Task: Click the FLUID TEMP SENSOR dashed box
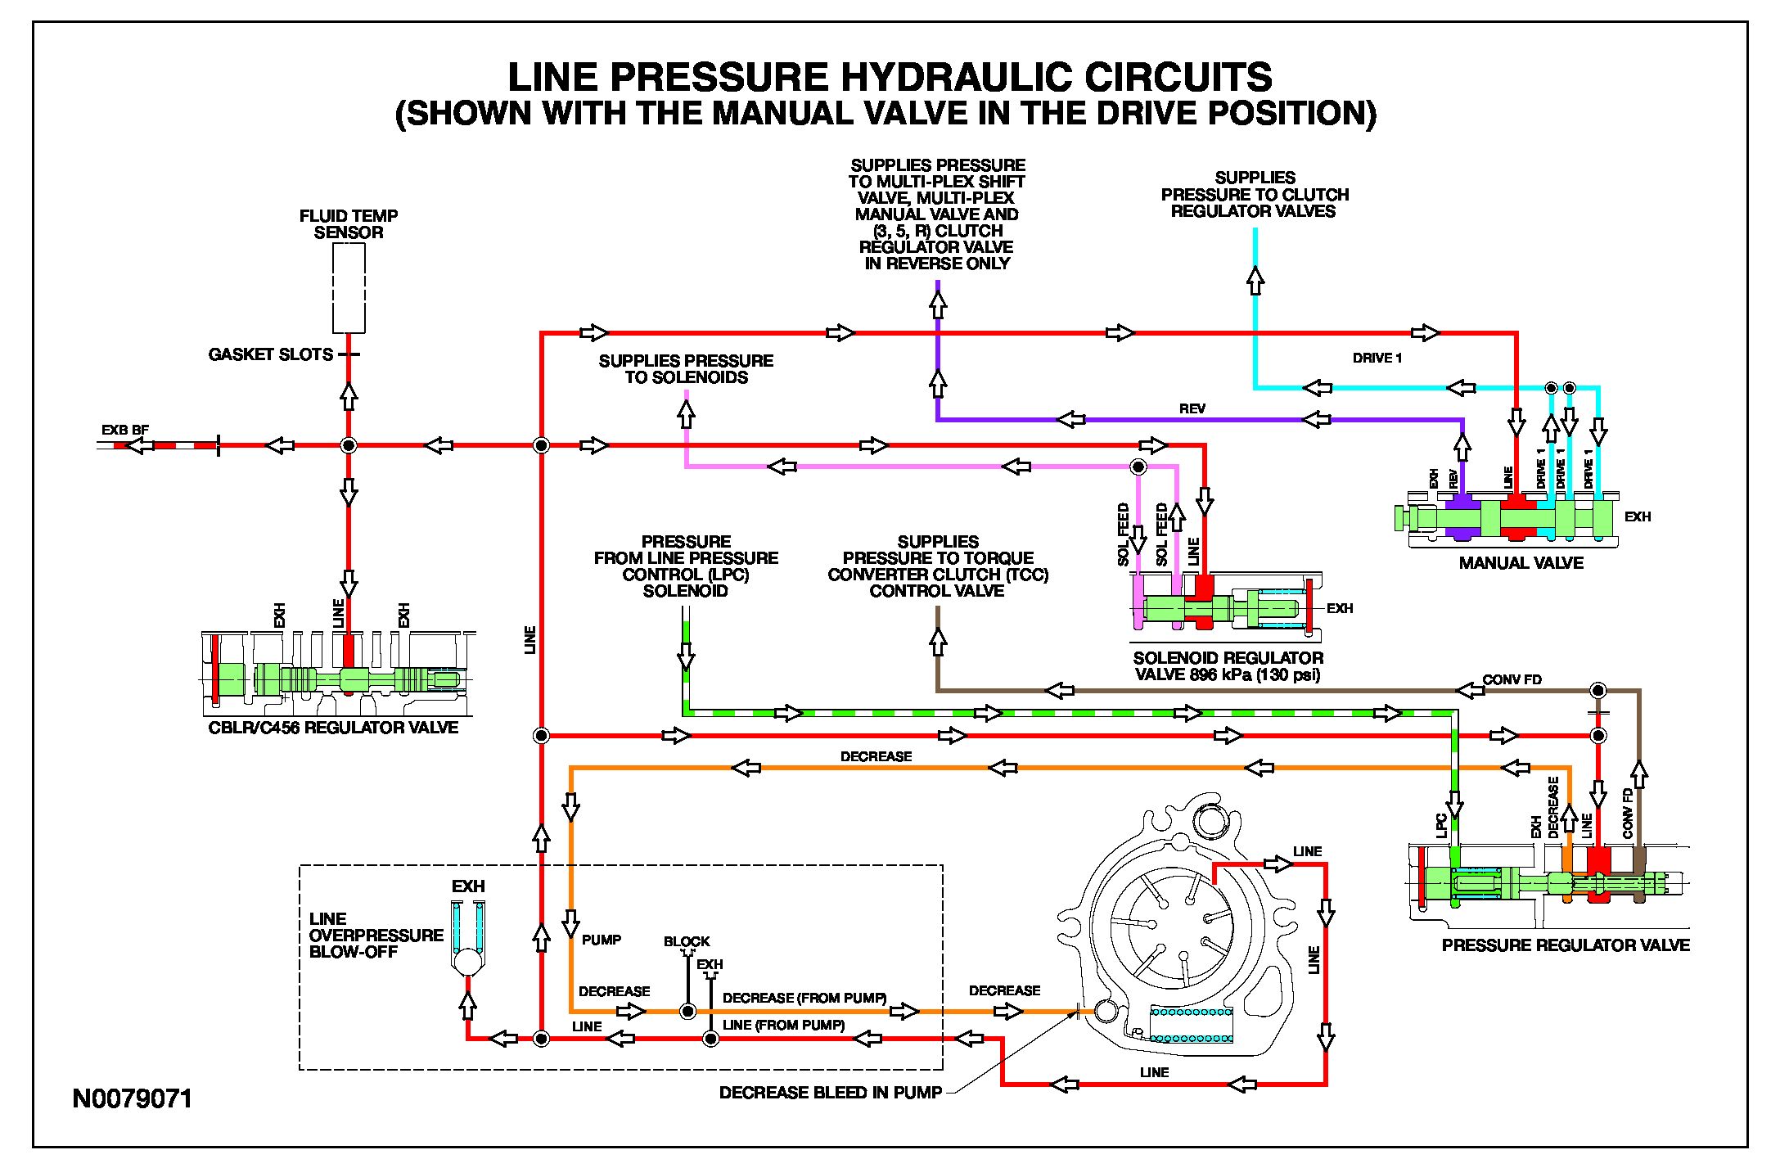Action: click(x=349, y=287)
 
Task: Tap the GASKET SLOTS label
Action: click(x=271, y=354)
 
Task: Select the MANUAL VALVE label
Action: click(x=1521, y=563)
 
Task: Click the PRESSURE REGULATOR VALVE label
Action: click(x=1565, y=945)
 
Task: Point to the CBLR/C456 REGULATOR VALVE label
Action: click(x=333, y=728)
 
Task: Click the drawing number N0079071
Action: click(x=133, y=1098)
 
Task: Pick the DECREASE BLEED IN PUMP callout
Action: click(x=830, y=1093)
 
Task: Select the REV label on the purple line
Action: click(x=1192, y=408)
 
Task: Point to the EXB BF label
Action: click(x=124, y=430)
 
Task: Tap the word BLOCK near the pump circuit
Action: click(x=687, y=941)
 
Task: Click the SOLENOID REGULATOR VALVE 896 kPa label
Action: click(x=1228, y=666)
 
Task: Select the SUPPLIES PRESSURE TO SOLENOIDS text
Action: click(x=686, y=369)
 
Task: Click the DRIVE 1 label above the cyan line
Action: click(x=1377, y=358)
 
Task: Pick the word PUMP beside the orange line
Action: click(x=602, y=940)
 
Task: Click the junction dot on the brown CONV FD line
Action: click(x=1597, y=690)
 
